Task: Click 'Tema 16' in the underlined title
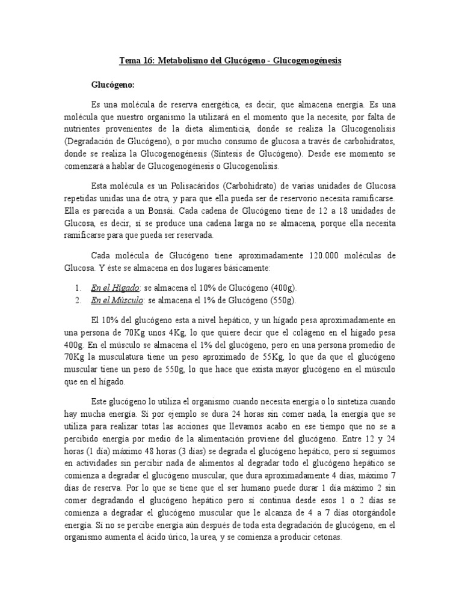pos(136,62)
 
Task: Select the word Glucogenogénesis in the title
pos(300,62)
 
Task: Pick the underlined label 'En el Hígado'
pos(115,288)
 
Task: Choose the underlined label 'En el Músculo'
pos(117,300)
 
